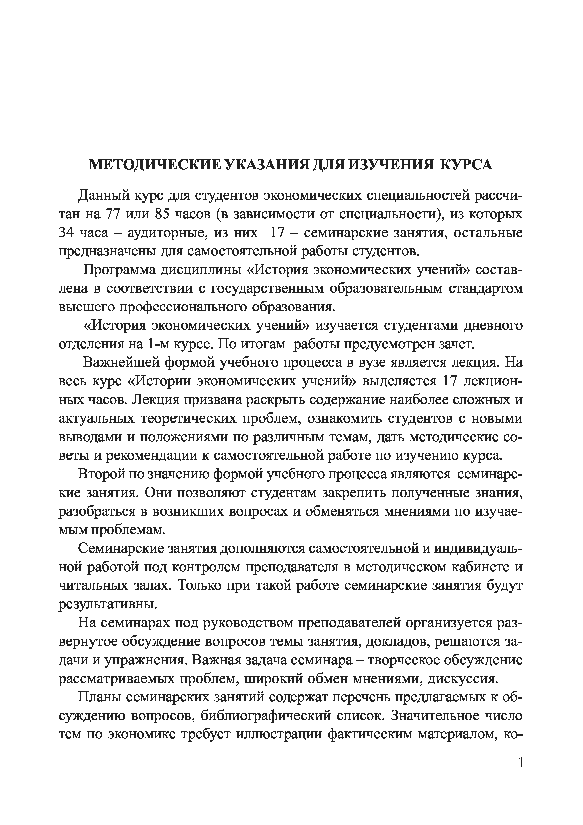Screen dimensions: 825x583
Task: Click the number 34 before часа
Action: click(x=66, y=233)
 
